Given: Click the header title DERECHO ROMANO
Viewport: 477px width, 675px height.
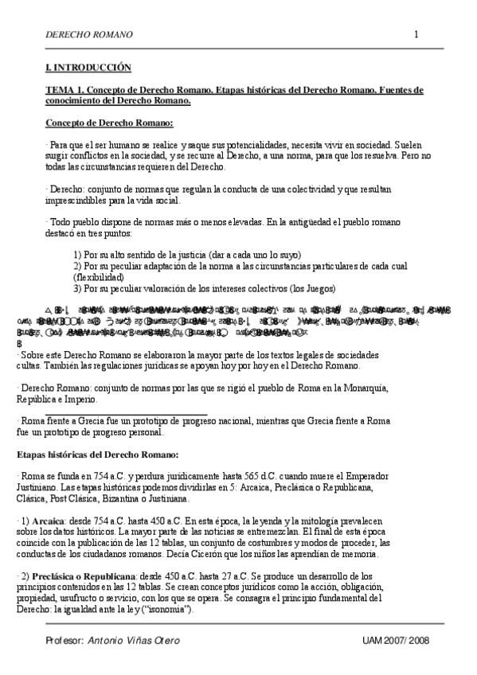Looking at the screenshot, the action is pos(89,35).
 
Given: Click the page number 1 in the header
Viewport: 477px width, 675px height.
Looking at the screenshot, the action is pos(416,34).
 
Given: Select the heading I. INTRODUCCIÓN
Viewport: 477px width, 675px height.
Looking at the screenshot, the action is pos(88,69).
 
